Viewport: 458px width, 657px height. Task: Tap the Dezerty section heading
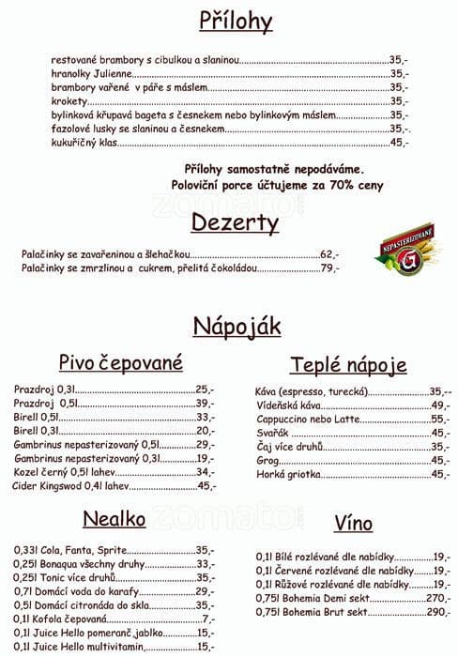[235, 222]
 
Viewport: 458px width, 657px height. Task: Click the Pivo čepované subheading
[120, 363]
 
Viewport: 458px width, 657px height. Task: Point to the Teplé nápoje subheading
[348, 365]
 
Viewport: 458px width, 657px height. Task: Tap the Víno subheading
[353, 523]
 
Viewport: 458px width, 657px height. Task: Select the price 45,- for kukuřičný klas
[399, 143]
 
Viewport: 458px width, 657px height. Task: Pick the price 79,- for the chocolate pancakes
[329, 268]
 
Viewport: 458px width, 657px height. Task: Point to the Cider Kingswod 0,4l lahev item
[70, 486]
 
